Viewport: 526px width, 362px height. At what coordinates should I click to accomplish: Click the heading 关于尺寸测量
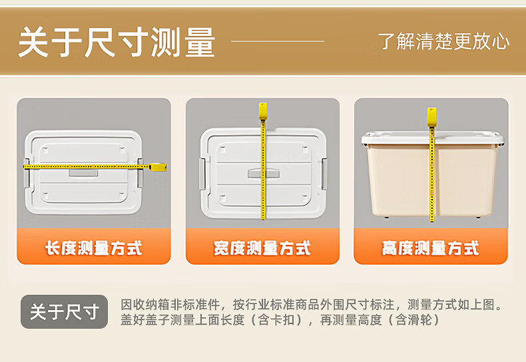pos(117,42)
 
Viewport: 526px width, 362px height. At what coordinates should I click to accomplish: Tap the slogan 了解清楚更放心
pos(443,41)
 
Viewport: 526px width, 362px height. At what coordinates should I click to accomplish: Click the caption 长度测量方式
pos(94,248)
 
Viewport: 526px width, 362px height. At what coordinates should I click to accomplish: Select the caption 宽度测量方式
pos(262,248)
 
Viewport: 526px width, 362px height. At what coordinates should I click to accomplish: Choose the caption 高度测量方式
pos(431,248)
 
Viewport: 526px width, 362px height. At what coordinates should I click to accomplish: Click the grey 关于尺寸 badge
pos(65,311)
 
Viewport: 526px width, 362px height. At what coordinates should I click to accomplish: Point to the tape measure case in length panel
pos(158,167)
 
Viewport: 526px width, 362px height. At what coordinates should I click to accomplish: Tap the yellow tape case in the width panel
pos(262,111)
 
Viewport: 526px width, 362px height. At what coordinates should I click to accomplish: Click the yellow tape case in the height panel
pos(431,116)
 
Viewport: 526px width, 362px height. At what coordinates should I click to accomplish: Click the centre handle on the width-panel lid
pos(264,174)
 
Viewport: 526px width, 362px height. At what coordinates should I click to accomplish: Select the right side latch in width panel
pos(324,174)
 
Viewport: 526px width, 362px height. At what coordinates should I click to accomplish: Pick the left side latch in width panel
pos(202,174)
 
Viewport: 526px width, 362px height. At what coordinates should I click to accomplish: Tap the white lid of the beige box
pos(432,138)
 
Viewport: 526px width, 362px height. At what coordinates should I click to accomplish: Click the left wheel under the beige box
pos(387,217)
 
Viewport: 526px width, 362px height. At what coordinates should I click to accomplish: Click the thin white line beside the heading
pos(278,41)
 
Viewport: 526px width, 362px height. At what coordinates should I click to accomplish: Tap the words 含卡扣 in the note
pos(276,320)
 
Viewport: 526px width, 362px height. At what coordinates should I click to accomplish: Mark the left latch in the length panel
pos(26,173)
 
